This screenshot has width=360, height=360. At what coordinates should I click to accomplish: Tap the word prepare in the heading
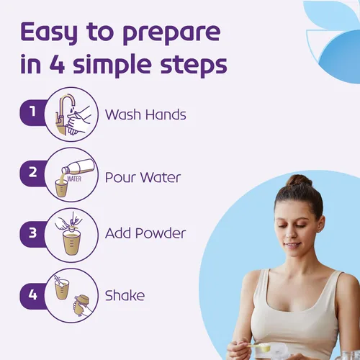point(172,35)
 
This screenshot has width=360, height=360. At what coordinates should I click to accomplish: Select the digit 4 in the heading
point(58,65)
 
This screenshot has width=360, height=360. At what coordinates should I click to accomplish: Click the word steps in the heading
point(194,66)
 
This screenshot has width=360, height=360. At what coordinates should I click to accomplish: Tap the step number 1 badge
point(33,112)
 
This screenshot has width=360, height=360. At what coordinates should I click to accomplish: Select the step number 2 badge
point(33,173)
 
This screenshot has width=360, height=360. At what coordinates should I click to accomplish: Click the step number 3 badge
point(33,233)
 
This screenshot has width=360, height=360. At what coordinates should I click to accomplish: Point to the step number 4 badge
point(33,295)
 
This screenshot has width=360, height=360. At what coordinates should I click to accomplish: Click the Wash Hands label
point(145,114)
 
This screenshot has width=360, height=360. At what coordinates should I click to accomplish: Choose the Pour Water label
point(143,177)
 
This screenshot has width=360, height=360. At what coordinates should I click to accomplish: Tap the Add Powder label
point(145,233)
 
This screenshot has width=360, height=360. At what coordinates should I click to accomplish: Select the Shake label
point(125,295)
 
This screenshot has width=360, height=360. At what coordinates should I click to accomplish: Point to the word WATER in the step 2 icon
point(74,179)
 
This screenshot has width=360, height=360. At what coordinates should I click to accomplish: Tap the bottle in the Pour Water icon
point(78,166)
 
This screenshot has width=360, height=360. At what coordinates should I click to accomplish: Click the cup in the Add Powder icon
point(71,242)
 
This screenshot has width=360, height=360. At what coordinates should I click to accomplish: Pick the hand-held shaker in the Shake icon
point(81,305)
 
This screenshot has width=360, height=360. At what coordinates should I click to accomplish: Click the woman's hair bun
point(298,182)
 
